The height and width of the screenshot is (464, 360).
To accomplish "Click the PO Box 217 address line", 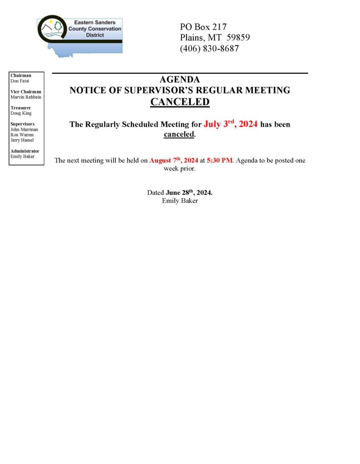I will tap(203, 27).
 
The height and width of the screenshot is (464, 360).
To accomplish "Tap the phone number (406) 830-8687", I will tap(209, 48).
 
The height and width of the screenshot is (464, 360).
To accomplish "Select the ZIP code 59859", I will tap(238, 38).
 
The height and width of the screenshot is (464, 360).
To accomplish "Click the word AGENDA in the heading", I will tap(180, 80).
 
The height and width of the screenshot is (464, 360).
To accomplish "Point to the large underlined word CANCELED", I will tap(180, 101).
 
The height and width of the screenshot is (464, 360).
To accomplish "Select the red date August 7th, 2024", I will tap(173, 160).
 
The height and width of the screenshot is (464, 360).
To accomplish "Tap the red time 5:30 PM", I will tap(220, 160).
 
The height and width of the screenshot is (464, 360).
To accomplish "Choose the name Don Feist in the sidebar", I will tap(19, 81).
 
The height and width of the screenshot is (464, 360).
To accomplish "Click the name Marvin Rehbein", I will tap(25, 97).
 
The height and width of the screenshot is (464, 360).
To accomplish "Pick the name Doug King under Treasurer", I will tap(21, 113).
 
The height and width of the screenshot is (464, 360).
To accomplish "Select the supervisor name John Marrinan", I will tap(24, 130).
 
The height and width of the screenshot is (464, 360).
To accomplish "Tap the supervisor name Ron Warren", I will tap(22, 135).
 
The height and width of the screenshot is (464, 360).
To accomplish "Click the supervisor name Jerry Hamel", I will tap(22, 140).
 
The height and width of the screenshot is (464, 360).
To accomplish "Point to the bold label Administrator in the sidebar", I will tap(24, 151).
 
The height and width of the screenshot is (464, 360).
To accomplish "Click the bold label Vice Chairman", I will tap(25, 92).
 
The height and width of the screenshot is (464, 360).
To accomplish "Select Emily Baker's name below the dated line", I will tap(180, 201).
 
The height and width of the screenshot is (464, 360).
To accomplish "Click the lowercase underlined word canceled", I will tap(179, 135).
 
